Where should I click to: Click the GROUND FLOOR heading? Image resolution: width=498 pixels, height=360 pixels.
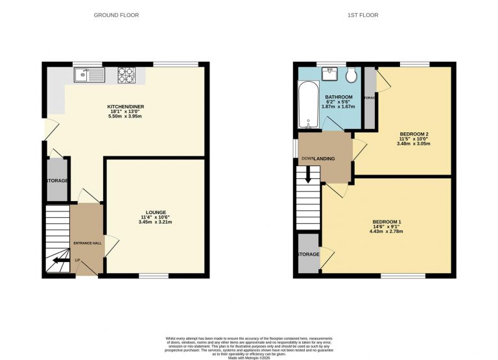pos(117,15)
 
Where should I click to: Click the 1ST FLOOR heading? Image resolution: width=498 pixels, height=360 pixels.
pos(363,15)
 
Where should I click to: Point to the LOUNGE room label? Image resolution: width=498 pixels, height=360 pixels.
pos(156,212)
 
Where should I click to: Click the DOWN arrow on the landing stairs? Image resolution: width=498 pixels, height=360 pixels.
pos(308,174)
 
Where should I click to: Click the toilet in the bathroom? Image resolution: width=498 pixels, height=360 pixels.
pos(351,77)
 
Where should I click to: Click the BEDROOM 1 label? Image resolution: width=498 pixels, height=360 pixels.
pos(386,221)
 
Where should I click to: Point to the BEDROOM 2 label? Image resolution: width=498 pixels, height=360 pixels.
pos(414,134)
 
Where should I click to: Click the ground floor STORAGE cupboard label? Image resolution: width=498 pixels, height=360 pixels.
pos(56,180)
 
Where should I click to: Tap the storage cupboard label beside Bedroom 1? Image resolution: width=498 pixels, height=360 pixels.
pos(308,254)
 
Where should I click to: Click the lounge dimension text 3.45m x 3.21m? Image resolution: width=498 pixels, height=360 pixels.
pos(156,222)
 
